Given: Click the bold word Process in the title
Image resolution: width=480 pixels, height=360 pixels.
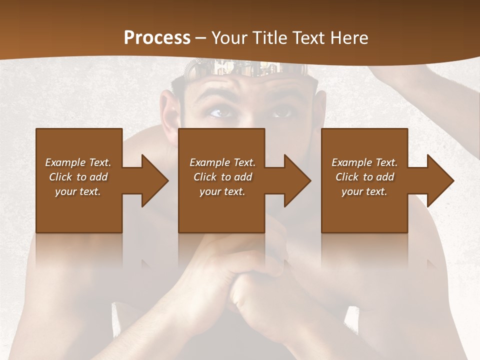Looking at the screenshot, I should (157, 38).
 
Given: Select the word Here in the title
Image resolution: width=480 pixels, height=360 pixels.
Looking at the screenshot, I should (348, 38).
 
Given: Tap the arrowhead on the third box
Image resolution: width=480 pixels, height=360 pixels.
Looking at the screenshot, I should (439, 180).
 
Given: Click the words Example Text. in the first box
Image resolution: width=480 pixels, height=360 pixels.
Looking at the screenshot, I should (78, 162).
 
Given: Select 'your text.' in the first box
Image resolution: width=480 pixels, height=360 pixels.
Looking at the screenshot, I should (78, 191).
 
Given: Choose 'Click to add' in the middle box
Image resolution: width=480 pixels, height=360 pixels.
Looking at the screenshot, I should (222, 177).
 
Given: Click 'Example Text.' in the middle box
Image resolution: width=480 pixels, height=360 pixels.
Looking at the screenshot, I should (222, 162).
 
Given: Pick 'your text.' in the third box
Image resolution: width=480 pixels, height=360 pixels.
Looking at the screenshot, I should (364, 191).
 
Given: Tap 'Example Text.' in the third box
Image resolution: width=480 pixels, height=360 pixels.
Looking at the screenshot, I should (364, 162).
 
